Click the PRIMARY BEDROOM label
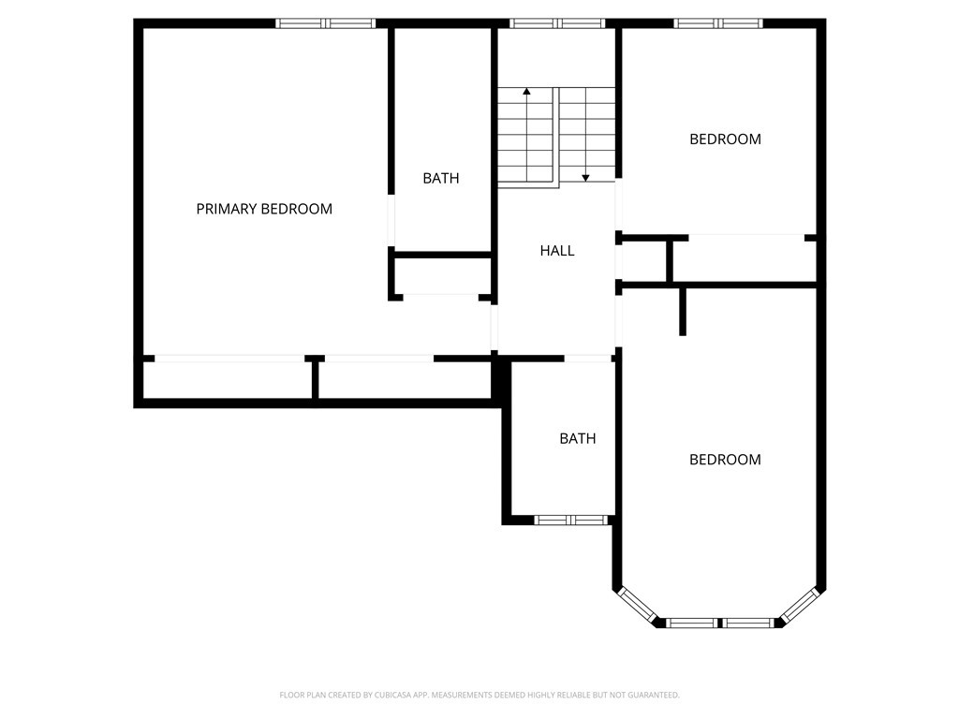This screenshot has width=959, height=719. coord(264,209)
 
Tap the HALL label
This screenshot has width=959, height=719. coord(557,251)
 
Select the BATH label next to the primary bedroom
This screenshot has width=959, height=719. coord(441,179)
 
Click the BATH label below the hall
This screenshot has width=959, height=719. coord(577,438)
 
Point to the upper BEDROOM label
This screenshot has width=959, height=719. coord(726,139)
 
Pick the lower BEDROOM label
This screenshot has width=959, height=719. coord(726,460)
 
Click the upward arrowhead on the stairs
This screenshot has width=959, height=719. coord(526,92)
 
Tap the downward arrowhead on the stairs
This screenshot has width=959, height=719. coord(585,178)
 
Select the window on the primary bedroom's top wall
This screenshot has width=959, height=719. coord(325,23)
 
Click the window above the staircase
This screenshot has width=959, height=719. coord(557,23)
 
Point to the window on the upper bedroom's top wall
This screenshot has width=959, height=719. coord(718,23)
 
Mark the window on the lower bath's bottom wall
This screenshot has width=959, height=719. coord(571,521)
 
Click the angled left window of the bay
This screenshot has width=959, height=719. coord(637,606)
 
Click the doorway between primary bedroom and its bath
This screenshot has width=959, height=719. coord(391,221)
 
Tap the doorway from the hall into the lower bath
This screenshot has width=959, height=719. coord(588,359)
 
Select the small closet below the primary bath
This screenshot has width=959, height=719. coord(441,276)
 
